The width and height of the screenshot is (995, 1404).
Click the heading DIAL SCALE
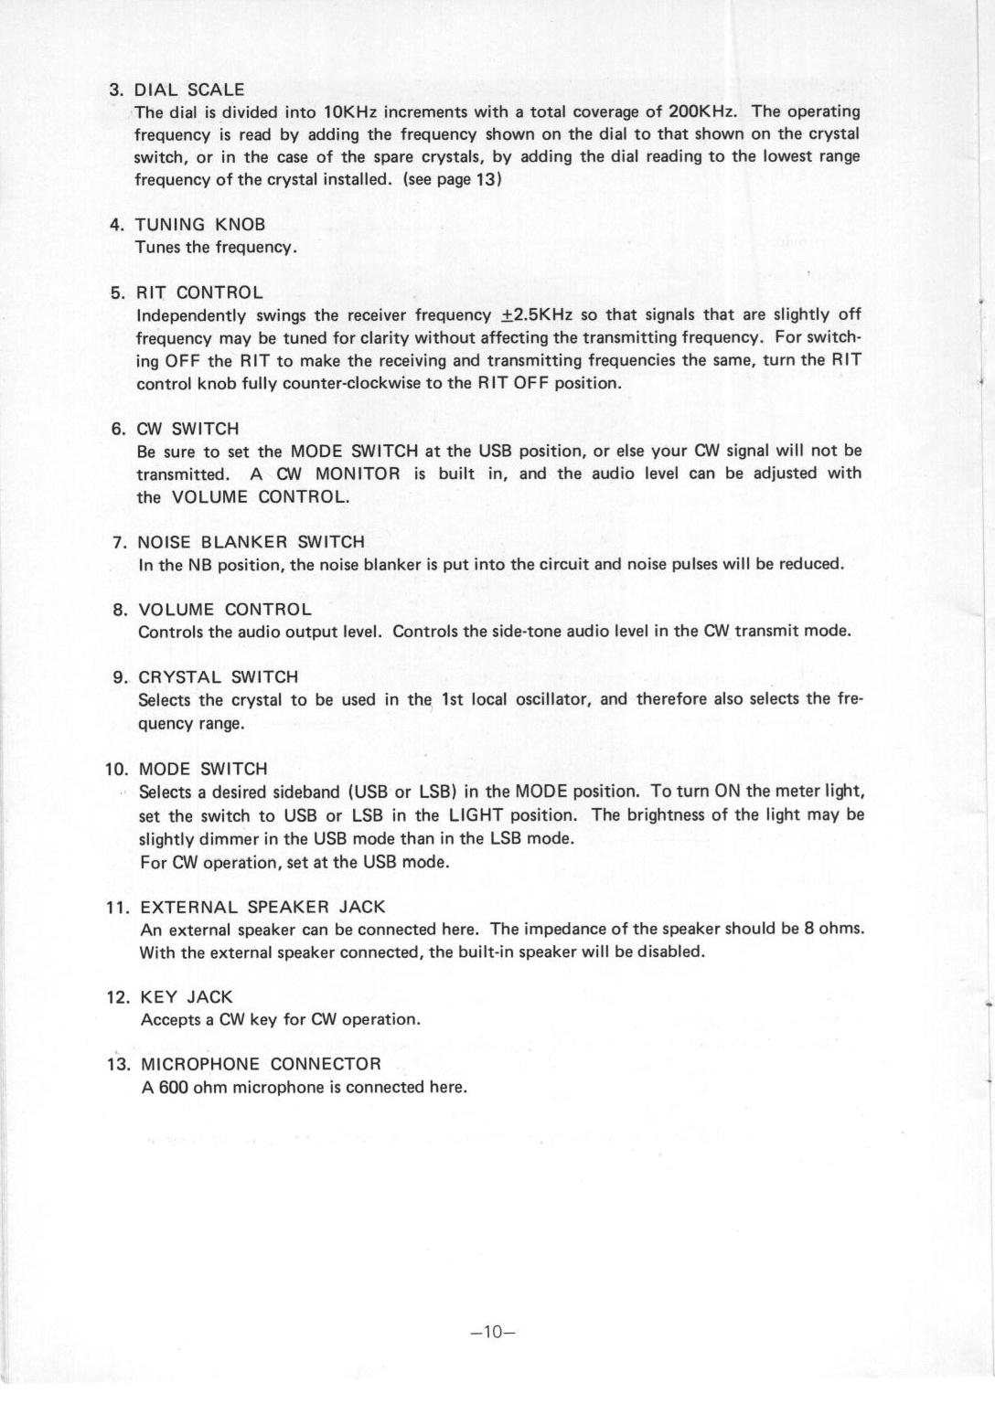189,90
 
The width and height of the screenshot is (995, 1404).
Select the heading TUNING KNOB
200,225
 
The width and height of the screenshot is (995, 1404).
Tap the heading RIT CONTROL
199,292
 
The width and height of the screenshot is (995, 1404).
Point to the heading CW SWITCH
187,429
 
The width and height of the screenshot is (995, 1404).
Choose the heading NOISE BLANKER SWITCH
251,542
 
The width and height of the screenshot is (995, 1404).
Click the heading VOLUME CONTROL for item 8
224,610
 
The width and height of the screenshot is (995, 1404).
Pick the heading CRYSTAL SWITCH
218,677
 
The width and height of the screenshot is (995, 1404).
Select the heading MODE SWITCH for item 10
203,769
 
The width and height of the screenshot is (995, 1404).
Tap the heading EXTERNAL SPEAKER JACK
262,907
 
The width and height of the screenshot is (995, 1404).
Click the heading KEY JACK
187,996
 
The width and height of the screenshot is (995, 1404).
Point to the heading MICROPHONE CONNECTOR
261,1064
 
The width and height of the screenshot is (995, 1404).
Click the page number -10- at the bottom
494,1332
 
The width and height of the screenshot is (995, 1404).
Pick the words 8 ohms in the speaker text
833,929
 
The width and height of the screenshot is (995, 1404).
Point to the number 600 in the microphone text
173,1087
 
